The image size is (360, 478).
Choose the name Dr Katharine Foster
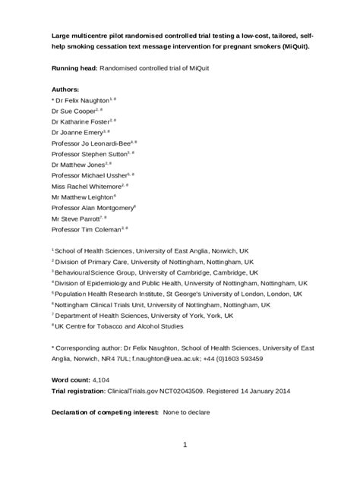(80, 121)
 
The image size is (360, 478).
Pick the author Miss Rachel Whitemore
(84, 184)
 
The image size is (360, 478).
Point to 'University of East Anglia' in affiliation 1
(174, 249)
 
